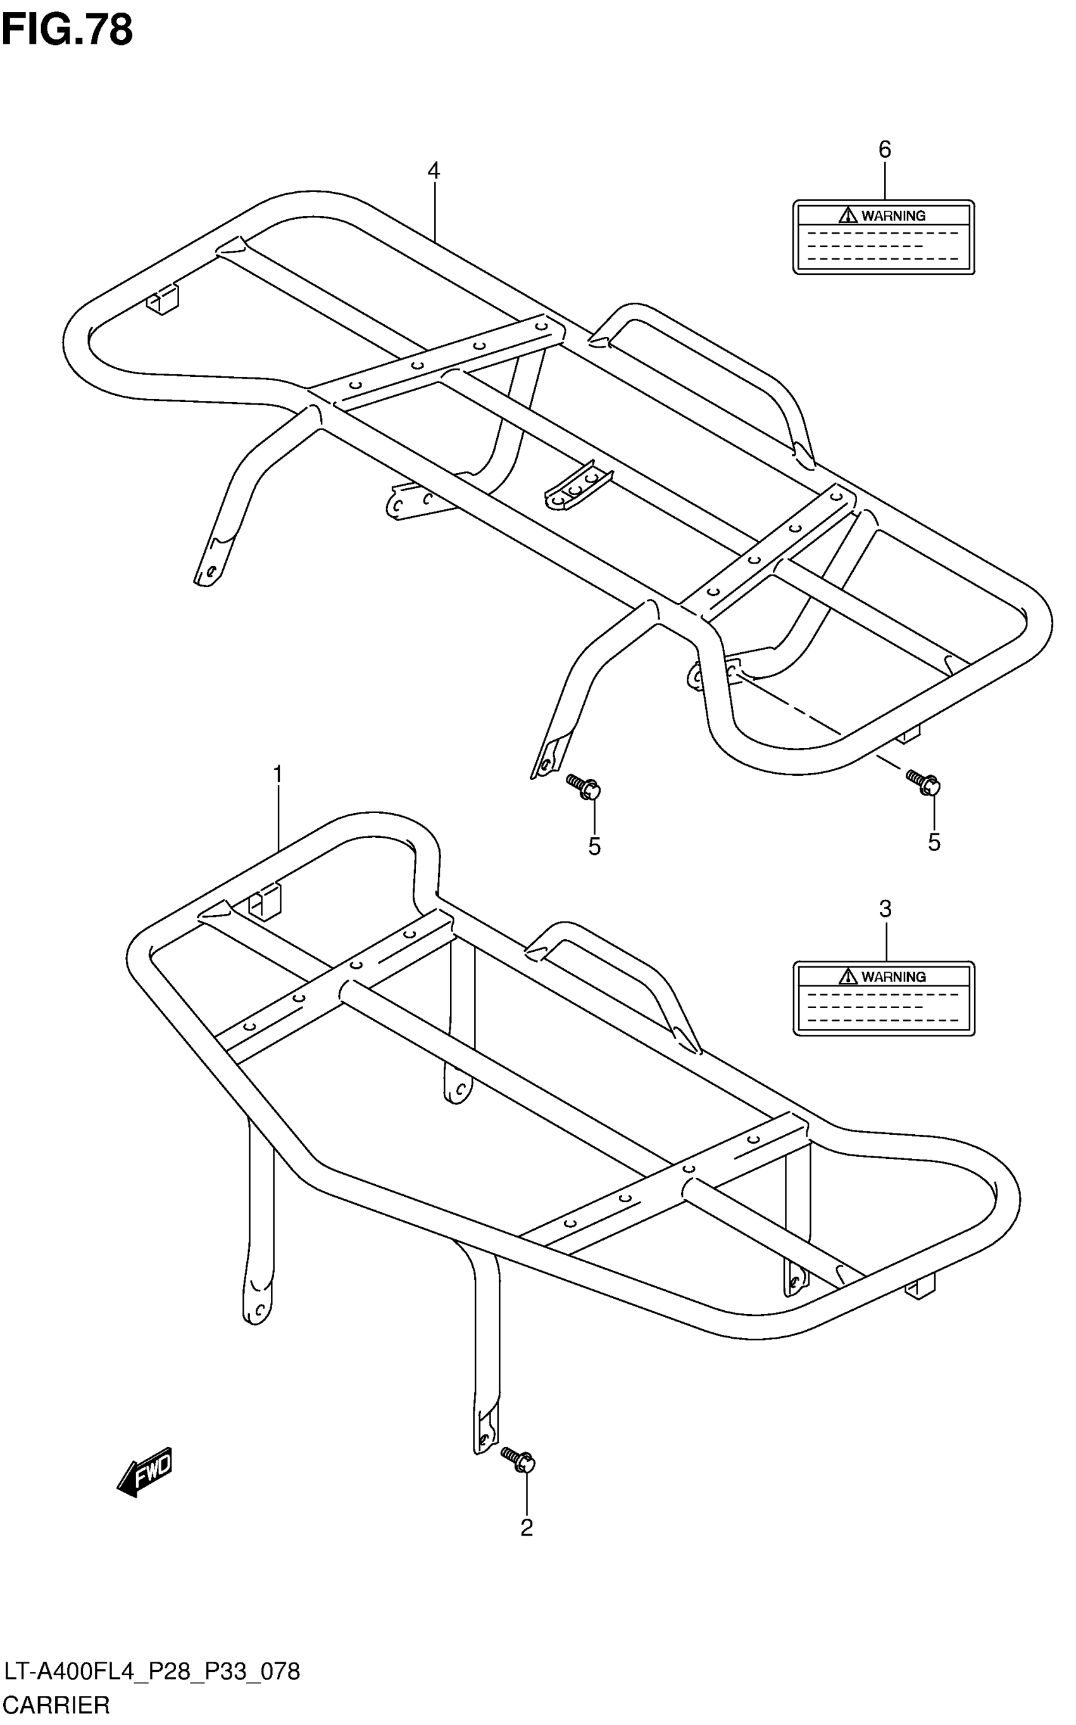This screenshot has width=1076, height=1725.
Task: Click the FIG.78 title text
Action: click(x=67, y=30)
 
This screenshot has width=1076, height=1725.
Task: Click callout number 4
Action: click(x=434, y=171)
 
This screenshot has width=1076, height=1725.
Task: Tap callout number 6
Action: click(x=885, y=149)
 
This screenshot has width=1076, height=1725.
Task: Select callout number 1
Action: click(x=277, y=774)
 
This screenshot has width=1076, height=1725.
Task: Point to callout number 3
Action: click(x=885, y=909)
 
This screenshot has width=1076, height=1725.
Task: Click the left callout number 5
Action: click(x=594, y=846)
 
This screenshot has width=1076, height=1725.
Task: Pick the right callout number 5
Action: click(x=934, y=842)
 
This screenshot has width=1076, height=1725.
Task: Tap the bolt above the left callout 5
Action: click(x=584, y=787)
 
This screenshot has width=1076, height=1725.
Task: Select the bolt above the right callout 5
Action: click(x=923, y=781)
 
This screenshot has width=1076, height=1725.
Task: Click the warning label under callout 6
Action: click(x=884, y=237)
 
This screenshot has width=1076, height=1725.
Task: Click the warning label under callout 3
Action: click(x=884, y=998)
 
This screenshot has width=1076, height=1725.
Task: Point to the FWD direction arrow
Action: click(x=144, y=1470)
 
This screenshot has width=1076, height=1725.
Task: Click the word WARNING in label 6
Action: click(x=894, y=216)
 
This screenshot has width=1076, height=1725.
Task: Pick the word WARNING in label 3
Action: click(x=894, y=976)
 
